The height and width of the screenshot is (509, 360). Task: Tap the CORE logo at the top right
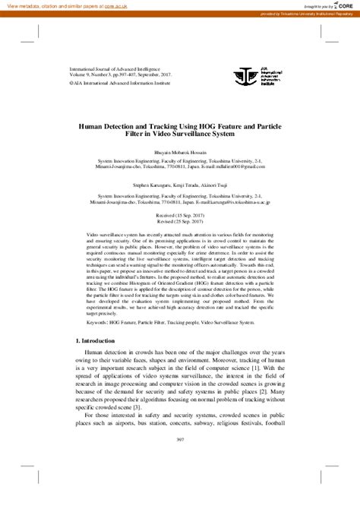pyautogui.click(x=343, y=6)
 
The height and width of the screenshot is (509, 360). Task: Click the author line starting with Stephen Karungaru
pyautogui.click(x=179, y=183)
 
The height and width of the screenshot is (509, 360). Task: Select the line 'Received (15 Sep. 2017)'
pyautogui.click(x=179, y=215)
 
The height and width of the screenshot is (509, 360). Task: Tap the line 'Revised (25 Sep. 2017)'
pyautogui.click(x=179, y=221)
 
